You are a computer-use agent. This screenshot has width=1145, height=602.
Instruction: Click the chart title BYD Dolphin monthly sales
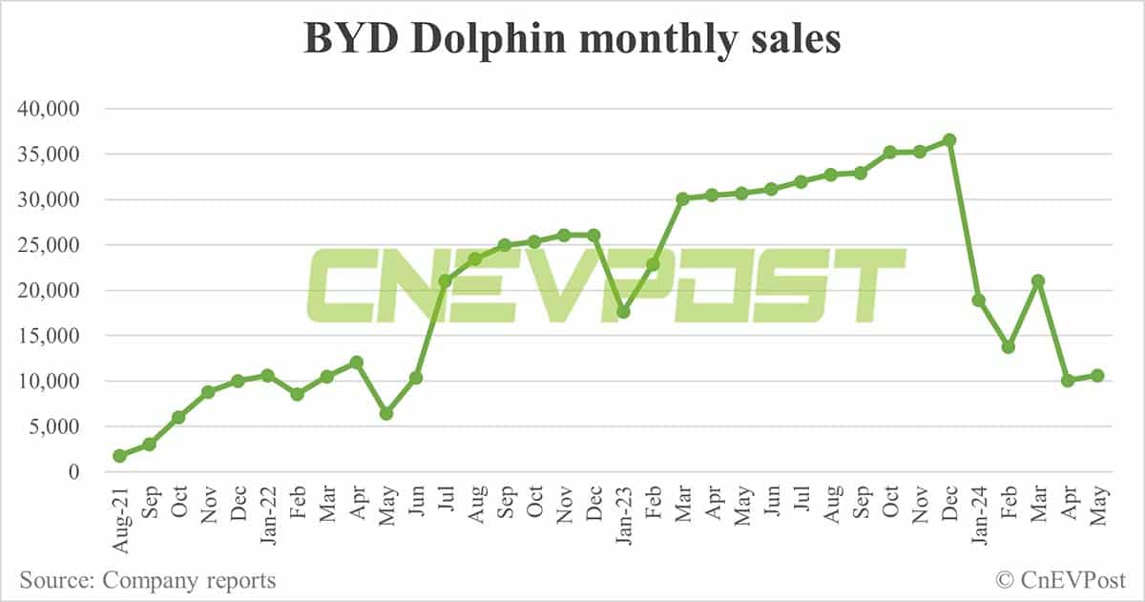click(x=572, y=40)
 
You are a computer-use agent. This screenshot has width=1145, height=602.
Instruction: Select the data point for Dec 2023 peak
click(x=949, y=140)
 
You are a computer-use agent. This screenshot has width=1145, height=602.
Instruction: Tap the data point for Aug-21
click(x=119, y=456)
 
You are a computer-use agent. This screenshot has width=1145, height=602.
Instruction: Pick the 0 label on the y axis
click(x=73, y=472)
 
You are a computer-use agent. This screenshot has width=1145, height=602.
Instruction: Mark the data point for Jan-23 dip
click(x=623, y=312)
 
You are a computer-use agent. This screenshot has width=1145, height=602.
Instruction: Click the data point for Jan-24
click(x=979, y=301)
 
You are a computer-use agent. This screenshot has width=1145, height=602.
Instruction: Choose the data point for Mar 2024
click(x=1038, y=280)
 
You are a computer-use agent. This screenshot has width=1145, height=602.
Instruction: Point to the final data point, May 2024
click(x=1097, y=376)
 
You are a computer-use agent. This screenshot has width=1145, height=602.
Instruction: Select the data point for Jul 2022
click(x=446, y=280)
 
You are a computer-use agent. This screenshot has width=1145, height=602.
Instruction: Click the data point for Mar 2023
click(x=682, y=198)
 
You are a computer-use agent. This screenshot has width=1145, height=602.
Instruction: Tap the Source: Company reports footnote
click(x=147, y=580)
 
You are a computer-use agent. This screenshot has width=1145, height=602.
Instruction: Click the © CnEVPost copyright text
click(x=1060, y=579)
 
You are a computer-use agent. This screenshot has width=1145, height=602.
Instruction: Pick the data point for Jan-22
click(x=267, y=375)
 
